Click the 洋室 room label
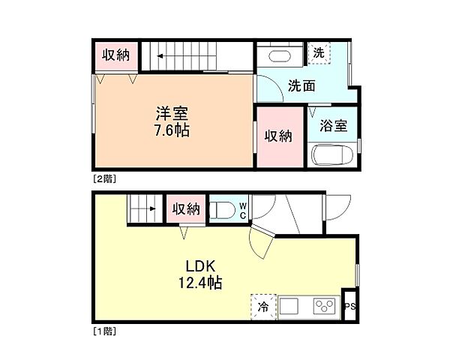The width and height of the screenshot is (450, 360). point(172,114)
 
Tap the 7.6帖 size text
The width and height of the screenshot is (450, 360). point(172,130)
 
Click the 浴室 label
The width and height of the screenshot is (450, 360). point(333,125)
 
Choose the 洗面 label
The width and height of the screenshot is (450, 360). point(301,85)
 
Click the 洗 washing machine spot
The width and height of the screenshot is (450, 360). point(319,53)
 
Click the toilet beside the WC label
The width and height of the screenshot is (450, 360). point(223,208)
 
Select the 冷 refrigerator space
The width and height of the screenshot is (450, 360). point(263,306)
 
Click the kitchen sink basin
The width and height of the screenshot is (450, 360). point(291,307)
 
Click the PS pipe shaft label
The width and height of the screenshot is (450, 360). point(349,307)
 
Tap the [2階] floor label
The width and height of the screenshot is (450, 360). point(103,178)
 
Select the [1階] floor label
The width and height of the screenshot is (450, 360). point(103,329)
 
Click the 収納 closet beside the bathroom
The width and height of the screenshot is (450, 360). point(278,136)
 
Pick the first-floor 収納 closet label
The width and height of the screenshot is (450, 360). point(184,208)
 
